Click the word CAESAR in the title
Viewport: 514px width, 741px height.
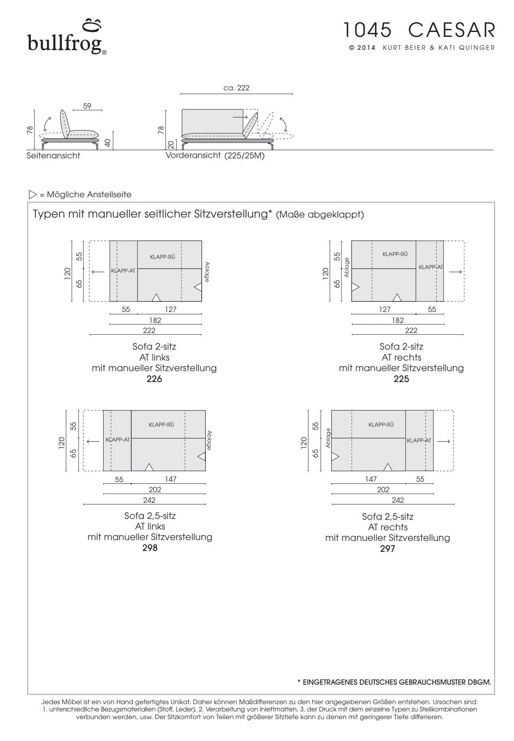(x=451, y=30)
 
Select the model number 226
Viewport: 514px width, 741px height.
(x=154, y=379)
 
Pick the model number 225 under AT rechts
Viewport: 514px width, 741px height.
(x=401, y=379)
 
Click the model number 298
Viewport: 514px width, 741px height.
(x=150, y=548)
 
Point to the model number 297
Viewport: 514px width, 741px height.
(x=387, y=549)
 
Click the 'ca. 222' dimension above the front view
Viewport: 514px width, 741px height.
(x=237, y=88)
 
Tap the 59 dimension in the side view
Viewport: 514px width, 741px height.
(x=87, y=106)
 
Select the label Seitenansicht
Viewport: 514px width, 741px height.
(x=53, y=156)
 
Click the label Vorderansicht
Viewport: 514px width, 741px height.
(x=193, y=156)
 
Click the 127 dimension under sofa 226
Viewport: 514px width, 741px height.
(x=171, y=310)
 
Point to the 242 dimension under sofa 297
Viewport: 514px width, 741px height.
(x=398, y=500)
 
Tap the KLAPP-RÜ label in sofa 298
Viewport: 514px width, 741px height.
(x=161, y=425)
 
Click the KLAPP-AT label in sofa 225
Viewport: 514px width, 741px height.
(x=431, y=267)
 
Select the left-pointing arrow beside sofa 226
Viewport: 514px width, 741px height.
(x=98, y=272)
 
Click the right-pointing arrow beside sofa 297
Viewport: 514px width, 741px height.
(x=444, y=441)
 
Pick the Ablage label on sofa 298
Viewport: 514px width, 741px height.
(x=209, y=440)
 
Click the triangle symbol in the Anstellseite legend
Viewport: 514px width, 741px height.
(x=33, y=194)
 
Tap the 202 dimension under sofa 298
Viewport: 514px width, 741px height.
(x=155, y=490)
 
